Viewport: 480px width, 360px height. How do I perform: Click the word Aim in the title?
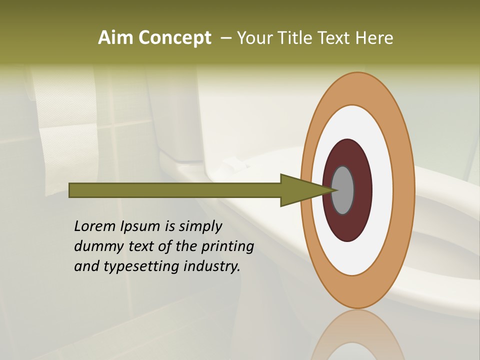[x=116, y=38]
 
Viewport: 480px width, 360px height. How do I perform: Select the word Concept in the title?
[x=174, y=38]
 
